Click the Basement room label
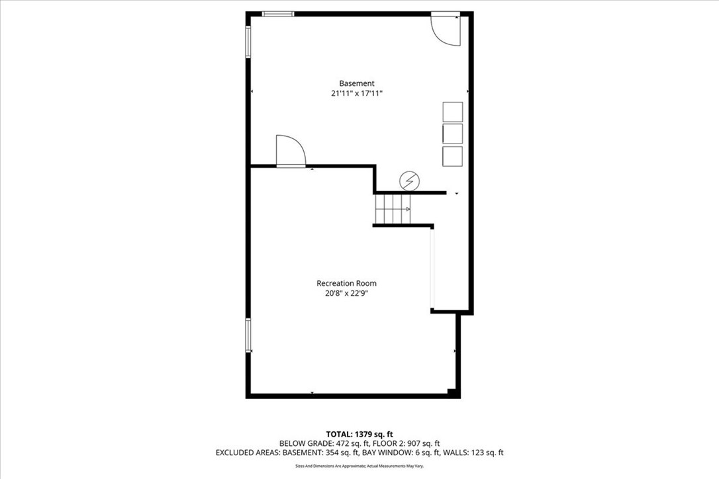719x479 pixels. pyautogui.click(x=357, y=83)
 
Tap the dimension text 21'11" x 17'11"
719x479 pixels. pyautogui.click(x=357, y=94)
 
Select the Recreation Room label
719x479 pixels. pyautogui.click(x=346, y=283)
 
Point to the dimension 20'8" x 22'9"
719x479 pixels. pyautogui.click(x=346, y=293)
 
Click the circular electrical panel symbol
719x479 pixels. pyautogui.click(x=409, y=180)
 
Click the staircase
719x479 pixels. pyautogui.click(x=393, y=209)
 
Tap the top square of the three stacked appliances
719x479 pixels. pyautogui.click(x=453, y=112)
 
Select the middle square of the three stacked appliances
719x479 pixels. pyautogui.click(x=453, y=134)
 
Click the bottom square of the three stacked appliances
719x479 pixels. pyautogui.click(x=453, y=156)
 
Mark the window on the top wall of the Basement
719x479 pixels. pyautogui.click(x=278, y=14)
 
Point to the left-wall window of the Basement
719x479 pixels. pyautogui.click(x=248, y=42)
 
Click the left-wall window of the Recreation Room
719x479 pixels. pyautogui.click(x=248, y=335)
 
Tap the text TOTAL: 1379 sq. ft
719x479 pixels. pyautogui.click(x=359, y=434)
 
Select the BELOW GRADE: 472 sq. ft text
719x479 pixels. pyautogui.click(x=318, y=443)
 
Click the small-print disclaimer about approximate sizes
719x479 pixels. pyautogui.click(x=359, y=466)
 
